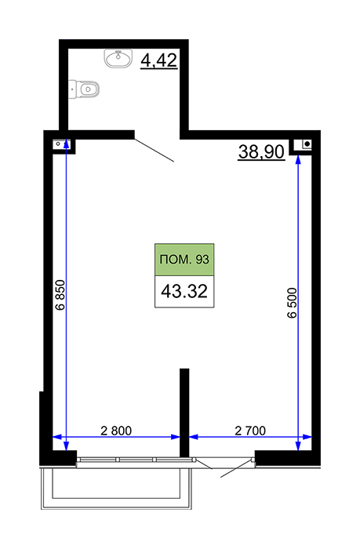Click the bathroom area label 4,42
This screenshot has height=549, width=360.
158,60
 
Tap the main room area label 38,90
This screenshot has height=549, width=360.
261,152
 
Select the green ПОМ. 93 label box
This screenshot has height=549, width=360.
184,260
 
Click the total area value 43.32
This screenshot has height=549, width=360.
184,291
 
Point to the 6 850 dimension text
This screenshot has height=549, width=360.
60,295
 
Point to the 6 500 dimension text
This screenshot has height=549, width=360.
292,303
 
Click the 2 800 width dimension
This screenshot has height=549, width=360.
116,431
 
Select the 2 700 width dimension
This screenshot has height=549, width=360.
250,431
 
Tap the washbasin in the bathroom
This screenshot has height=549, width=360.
118,58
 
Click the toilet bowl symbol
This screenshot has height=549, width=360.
84,89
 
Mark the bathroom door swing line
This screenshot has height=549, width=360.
154,151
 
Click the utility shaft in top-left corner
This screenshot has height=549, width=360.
62,144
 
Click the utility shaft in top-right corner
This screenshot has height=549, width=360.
303,144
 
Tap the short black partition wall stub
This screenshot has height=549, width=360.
184,413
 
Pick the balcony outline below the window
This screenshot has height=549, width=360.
116,489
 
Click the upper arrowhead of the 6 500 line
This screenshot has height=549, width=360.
298,159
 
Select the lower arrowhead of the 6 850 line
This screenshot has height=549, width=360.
66,445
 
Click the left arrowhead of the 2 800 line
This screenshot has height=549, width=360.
57,437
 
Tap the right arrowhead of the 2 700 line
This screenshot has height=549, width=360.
307,437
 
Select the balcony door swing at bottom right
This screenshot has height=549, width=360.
236,467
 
